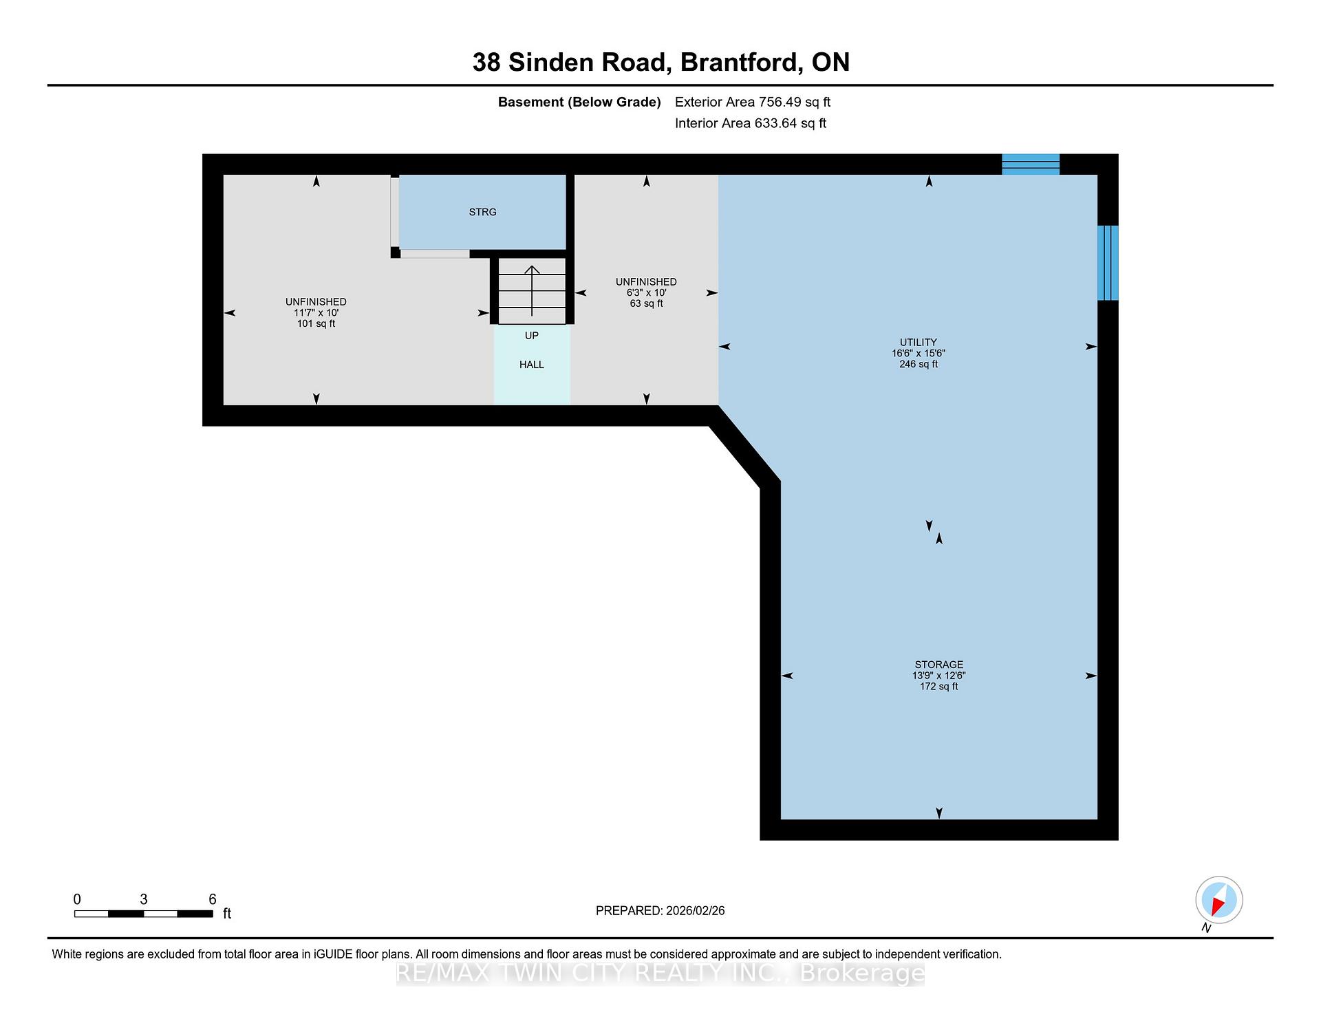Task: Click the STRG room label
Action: [x=482, y=212]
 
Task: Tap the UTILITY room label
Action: [x=919, y=342]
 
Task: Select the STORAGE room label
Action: [x=939, y=665]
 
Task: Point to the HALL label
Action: [x=532, y=365]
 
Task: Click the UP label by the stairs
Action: [x=532, y=336]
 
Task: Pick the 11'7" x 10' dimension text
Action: [x=316, y=312]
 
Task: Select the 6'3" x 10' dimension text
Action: [x=646, y=292]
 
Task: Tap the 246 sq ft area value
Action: [x=919, y=364]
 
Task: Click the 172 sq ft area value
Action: [x=939, y=687]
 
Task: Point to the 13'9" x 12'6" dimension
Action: [x=939, y=676]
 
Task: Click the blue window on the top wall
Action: [x=1031, y=164]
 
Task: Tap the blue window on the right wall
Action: [x=1108, y=263]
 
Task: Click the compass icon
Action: [x=1219, y=900]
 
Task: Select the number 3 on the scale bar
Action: [x=143, y=899]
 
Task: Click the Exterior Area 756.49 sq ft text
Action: [x=753, y=102]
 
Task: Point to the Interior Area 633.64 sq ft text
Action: [x=751, y=123]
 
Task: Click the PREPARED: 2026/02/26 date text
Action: [x=660, y=911]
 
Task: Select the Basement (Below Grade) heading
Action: [x=579, y=103]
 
